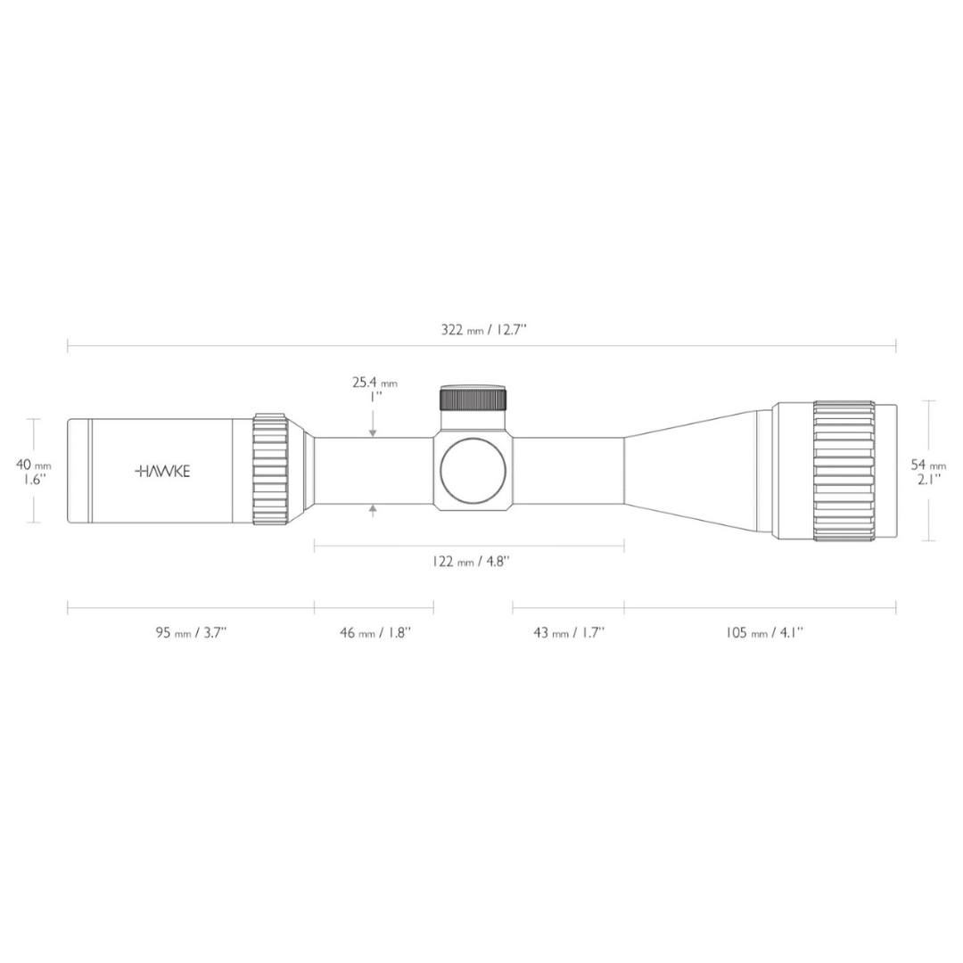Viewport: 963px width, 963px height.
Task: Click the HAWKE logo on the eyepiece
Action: click(162, 471)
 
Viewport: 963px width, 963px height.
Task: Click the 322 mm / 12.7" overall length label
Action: click(484, 329)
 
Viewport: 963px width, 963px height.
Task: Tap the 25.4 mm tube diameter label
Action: click(374, 383)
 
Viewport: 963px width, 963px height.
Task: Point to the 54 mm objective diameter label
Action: click(928, 465)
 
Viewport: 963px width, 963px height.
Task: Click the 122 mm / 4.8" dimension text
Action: click(471, 561)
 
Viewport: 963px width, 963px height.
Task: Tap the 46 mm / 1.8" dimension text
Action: click(375, 632)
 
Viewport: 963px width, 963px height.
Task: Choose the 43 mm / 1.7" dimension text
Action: click(569, 632)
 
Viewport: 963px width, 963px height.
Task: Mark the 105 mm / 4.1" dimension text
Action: click(765, 632)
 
